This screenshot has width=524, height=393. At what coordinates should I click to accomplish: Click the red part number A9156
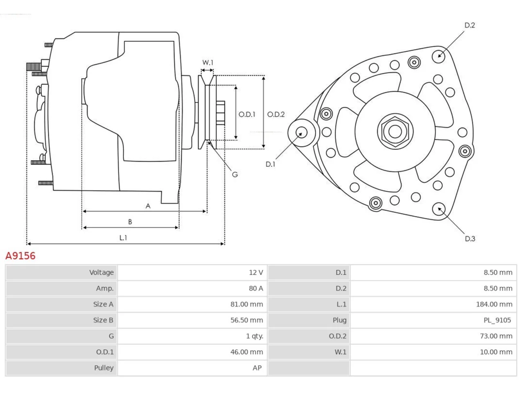pyautogui.click(x=20, y=256)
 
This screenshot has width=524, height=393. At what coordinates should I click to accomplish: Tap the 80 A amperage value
pyautogui.click(x=256, y=289)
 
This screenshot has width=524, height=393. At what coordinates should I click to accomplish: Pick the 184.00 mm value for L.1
pyautogui.click(x=494, y=304)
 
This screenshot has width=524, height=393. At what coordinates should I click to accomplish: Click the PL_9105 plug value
pyautogui.click(x=497, y=320)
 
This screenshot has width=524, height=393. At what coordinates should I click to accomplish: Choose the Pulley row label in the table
pyautogui.click(x=104, y=368)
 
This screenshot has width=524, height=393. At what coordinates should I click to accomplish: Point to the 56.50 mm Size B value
pyautogui.click(x=246, y=320)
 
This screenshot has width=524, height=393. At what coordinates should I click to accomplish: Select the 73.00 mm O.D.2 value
pyautogui.click(x=496, y=336)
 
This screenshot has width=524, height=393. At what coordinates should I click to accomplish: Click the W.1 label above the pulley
pyautogui.click(x=208, y=63)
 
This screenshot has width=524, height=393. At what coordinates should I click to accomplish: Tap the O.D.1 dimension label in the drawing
pyautogui.click(x=247, y=115)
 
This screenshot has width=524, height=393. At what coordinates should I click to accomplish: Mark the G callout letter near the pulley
pyautogui.click(x=235, y=175)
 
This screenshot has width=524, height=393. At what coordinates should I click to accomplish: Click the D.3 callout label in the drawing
pyautogui.click(x=470, y=239)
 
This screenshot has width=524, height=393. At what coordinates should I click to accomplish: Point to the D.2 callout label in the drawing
pyautogui.click(x=470, y=25)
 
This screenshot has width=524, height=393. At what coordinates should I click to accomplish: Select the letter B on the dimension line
pyautogui.click(x=130, y=222)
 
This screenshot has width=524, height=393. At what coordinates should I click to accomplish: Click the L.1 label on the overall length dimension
pyautogui.click(x=123, y=238)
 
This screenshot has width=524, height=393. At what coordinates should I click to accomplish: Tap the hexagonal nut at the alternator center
pyautogui.click(x=395, y=131)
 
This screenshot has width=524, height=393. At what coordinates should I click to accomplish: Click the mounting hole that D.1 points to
pyautogui.click(x=302, y=132)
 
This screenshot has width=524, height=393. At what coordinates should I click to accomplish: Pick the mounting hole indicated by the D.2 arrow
pyautogui.click(x=438, y=56)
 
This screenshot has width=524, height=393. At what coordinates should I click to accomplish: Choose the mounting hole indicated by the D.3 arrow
pyautogui.click(x=439, y=209)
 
